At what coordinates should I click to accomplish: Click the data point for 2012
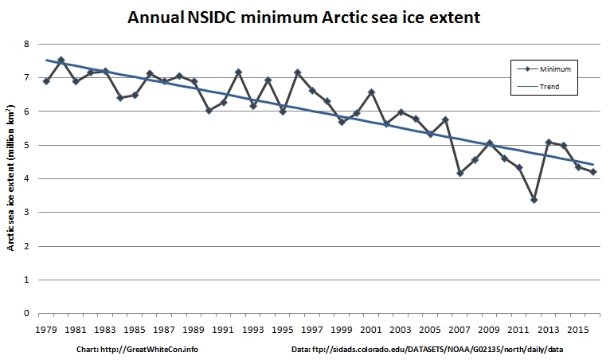pyautogui.click(x=534, y=200)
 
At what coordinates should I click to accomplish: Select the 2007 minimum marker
pyautogui.click(x=460, y=173)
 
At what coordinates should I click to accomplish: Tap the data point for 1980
pyautogui.click(x=61, y=60)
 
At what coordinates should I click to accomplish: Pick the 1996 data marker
pyautogui.click(x=298, y=72)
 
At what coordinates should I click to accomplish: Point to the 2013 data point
pyautogui.click(x=549, y=142)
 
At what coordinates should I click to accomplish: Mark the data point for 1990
pyautogui.click(x=209, y=111)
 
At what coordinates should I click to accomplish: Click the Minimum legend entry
pyautogui.click(x=544, y=68)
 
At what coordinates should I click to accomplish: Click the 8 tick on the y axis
pyautogui.click(x=26, y=44)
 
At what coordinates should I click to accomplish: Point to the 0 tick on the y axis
pyautogui.click(x=26, y=313)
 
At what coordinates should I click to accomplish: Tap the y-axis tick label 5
pyautogui.click(x=26, y=145)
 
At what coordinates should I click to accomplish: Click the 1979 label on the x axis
pyautogui.click(x=46, y=330)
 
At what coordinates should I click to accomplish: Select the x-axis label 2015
pyautogui.click(x=577, y=330)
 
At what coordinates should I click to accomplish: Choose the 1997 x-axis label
pyautogui.click(x=311, y=330)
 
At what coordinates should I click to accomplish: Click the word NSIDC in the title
pyautogui.click(x=212, y=18)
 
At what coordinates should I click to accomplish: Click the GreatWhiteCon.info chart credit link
pyautogui.click(x=150, y=350)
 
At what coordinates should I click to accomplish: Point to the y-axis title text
pyautogui.click(x=10, y=178)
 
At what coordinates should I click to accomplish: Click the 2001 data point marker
pyautogui.click(x=372, y=92)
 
